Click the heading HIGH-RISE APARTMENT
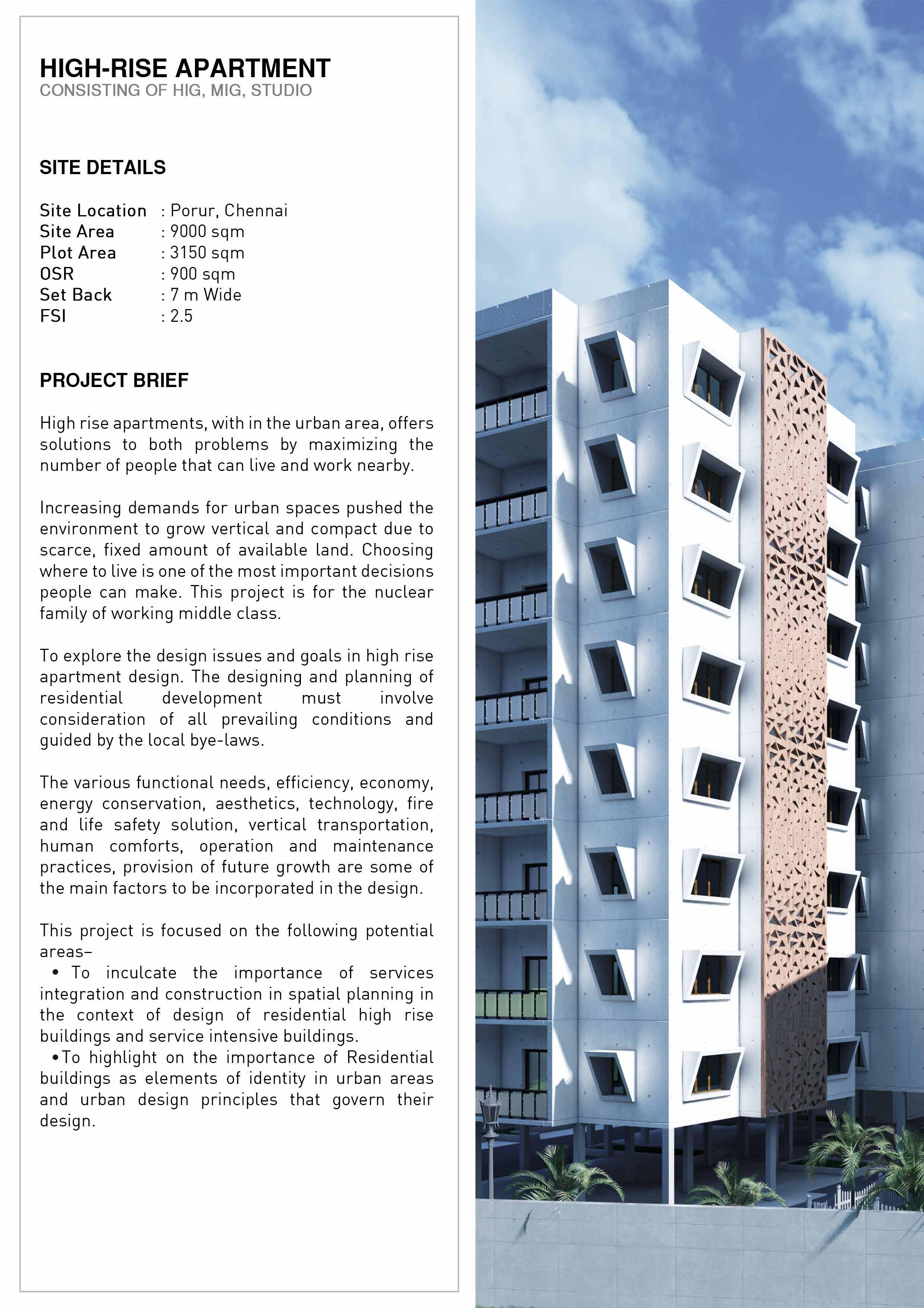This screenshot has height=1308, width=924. coord(185,68)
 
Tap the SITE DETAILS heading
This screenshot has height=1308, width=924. coord(103,167)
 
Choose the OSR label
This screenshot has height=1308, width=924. coord(57,274)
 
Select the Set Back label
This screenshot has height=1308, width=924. coord(76,295)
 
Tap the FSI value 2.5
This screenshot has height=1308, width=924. coord(181,316)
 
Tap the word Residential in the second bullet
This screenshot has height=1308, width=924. coord(390,1057)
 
